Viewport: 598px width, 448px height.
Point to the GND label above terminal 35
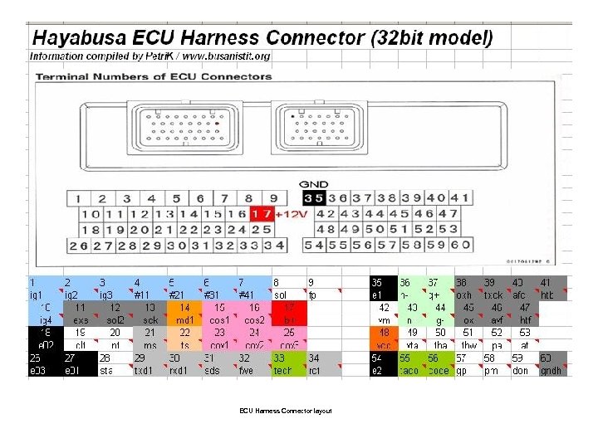pyautogui.click(x=314, y=184)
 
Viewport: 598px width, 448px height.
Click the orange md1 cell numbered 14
pyautogui.click(x=184, y=314)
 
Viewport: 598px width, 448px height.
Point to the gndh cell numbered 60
pyautogui.click(x=551, y=364)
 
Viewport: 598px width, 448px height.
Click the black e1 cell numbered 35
pyautogui.click(x=383, y=288)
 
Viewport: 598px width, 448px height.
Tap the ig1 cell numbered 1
pyautogui.click(x=45, y=288)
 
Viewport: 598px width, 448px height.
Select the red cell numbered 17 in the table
pyautogui.click(x=288, y=314)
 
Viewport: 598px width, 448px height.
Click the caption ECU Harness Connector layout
pyautogui.click(x=286, y=411)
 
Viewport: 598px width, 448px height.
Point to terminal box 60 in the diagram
pyautogui.click(x=461, y=245)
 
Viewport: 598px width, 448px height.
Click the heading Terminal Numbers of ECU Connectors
pyautogui.click(x=154, y=76)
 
